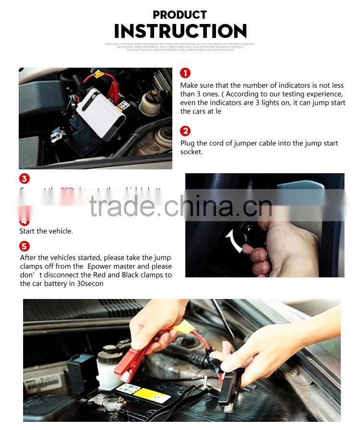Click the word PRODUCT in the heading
pos(180,15)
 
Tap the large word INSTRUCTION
pos(180,32)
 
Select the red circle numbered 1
pos(185,73)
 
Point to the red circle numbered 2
pos(185,131)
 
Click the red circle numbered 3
pos(24,179)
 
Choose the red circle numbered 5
pos(24,247)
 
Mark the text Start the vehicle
pos(46,231)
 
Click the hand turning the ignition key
pos(283,250)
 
